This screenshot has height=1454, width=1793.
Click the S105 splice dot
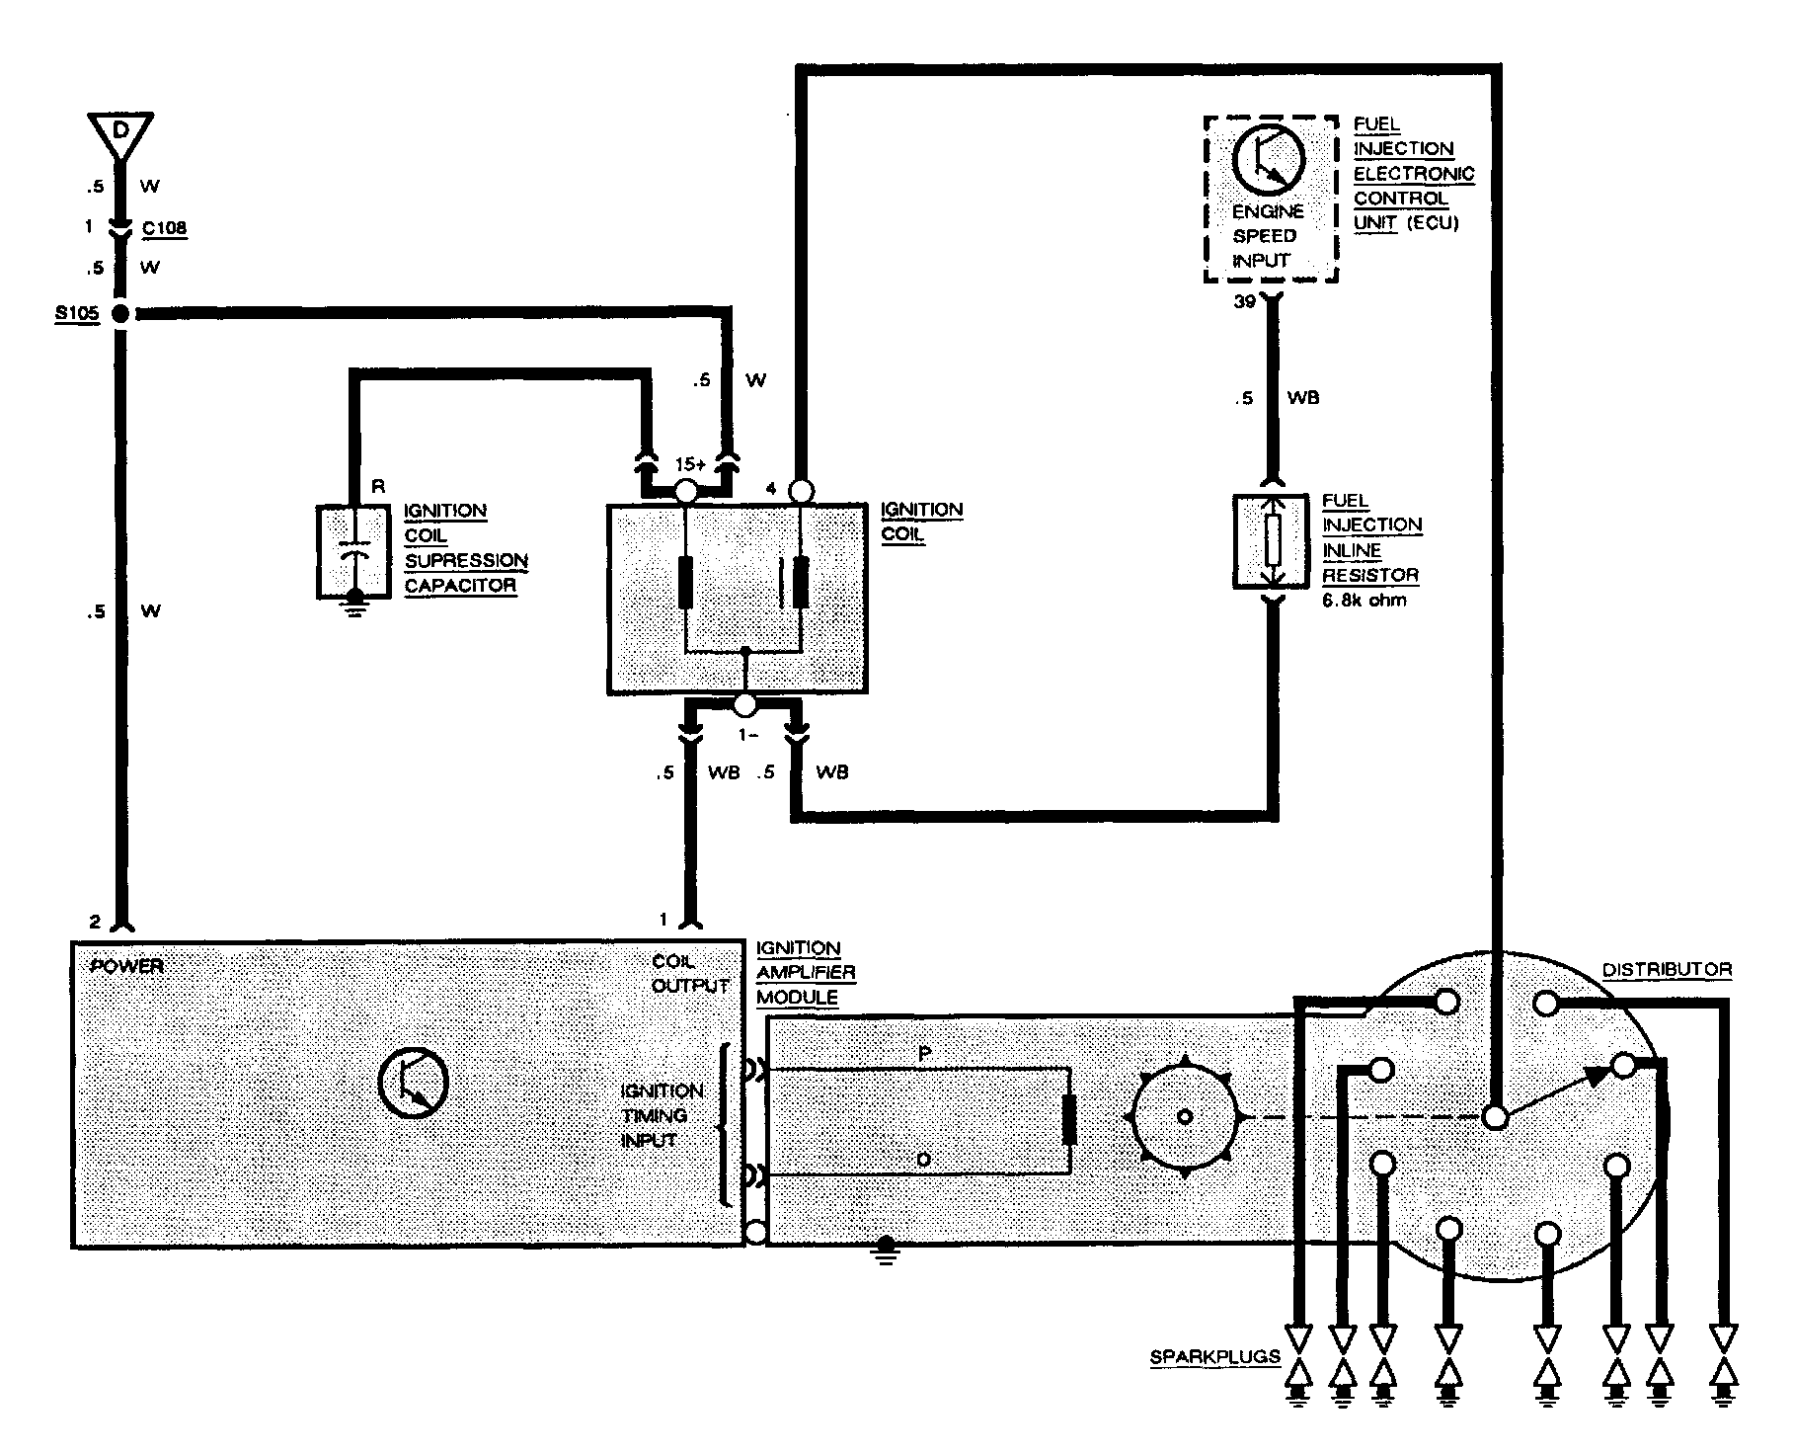click(120, 314)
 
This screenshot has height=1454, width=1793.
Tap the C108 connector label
click(164, 228)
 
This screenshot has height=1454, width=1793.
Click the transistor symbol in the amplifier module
click(413, 1083)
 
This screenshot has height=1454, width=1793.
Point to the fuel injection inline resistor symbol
click(1273, 541)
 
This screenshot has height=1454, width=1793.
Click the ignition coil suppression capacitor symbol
click(353, 555)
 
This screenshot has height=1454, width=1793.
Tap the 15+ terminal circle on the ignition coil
click(685, 491)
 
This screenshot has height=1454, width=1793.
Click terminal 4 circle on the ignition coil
click(802, 491)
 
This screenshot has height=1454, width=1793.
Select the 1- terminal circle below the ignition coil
click(745, 705)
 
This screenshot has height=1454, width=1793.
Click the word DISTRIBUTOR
click(1667, 970)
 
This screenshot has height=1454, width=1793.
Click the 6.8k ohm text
click(1364, 600)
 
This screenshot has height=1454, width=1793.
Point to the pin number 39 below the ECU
click(1244, 301)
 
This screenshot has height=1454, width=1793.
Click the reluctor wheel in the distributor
click(1185, 1116)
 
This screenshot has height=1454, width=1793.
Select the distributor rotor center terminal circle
click(1496, 1117)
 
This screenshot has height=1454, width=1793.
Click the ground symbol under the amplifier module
click(886, 1251)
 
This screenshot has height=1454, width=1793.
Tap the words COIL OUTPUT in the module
click(689, 973)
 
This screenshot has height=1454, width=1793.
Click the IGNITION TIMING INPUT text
click(661, 1115)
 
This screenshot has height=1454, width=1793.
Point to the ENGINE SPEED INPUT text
click(1267, 236)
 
